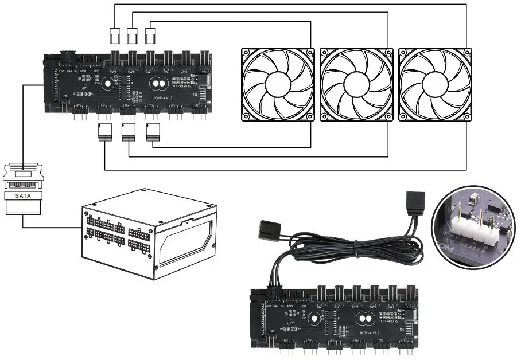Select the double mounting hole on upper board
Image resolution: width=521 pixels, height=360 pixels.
[158, 84]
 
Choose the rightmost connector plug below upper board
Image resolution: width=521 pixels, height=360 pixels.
[152, 133]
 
